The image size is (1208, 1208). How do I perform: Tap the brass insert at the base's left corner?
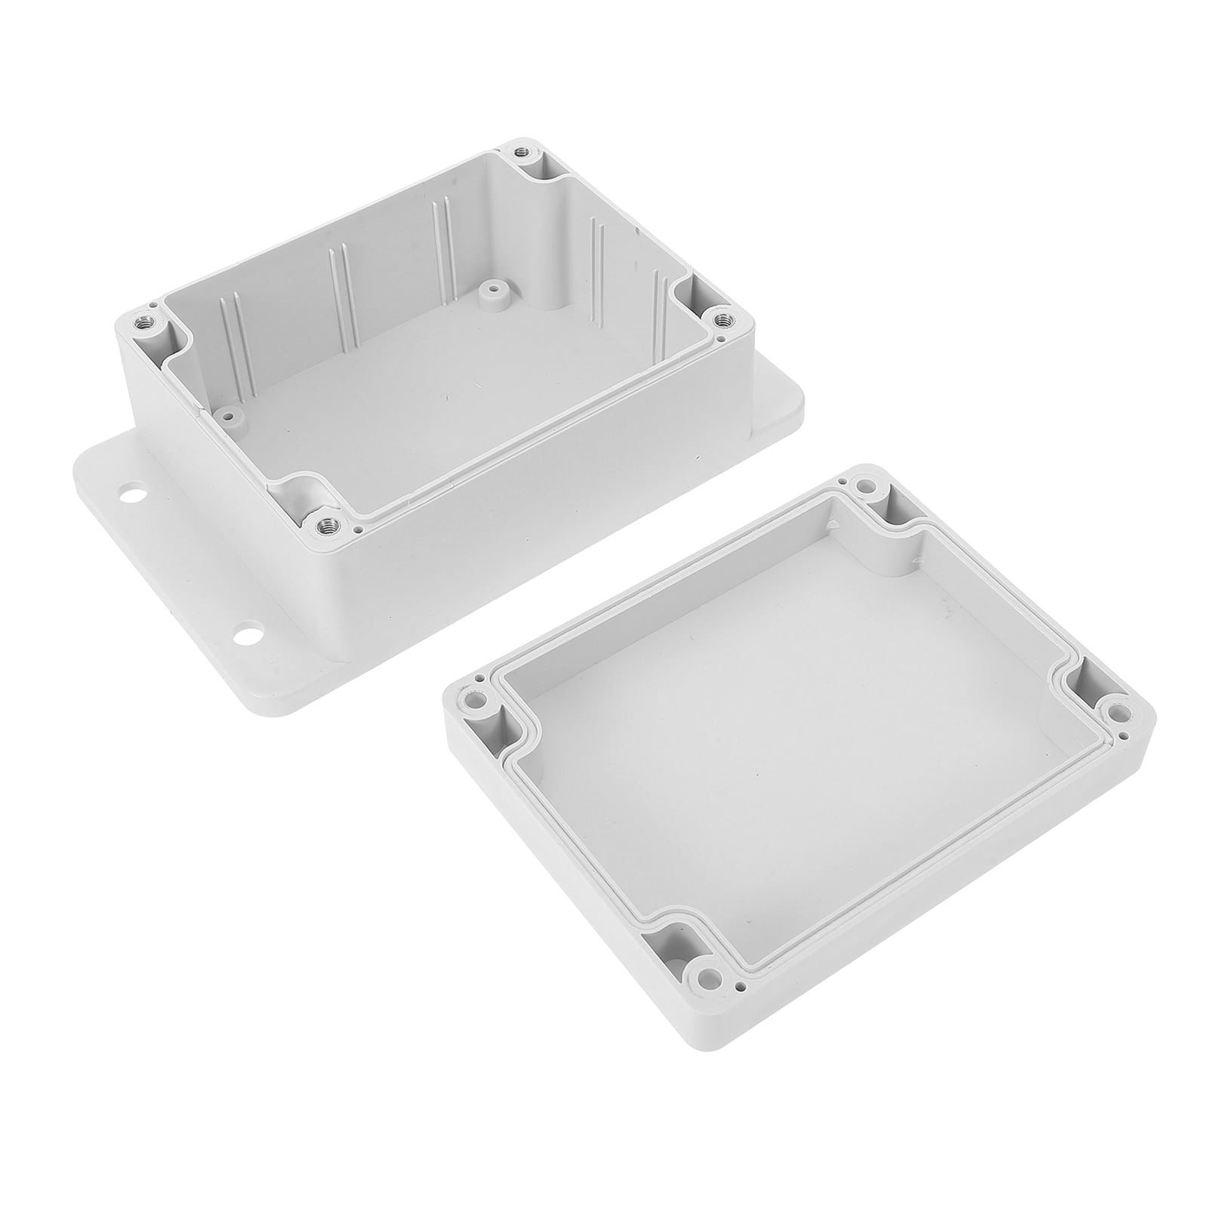(x=143, y=324)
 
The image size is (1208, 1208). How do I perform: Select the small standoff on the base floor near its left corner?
(x=226, y=414)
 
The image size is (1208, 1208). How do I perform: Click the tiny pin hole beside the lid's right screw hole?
(x=1125, y=735)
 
